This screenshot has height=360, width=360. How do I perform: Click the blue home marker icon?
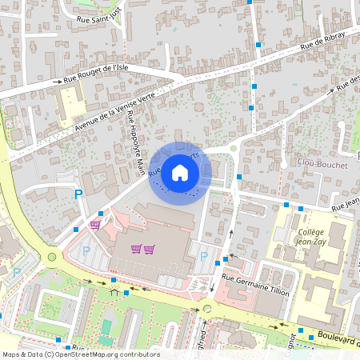[x=180, y=172]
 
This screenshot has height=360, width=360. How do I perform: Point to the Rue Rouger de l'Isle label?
[x=96, y=73]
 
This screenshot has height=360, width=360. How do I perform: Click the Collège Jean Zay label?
[x=312, y=235]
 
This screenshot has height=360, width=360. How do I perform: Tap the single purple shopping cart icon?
[x=96, y=226]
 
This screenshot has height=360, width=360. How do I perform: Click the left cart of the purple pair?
[x=136, y=249]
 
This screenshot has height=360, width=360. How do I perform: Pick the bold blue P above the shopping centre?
[x=78, y=194]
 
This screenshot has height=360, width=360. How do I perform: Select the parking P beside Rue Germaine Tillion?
[x=203, y=256]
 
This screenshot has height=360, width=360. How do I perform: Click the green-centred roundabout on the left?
[x=53, y=258]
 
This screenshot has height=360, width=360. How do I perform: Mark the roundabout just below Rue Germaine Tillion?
[x=207, y=308]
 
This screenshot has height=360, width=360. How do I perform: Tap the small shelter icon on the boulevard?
[x=114, y=293]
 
